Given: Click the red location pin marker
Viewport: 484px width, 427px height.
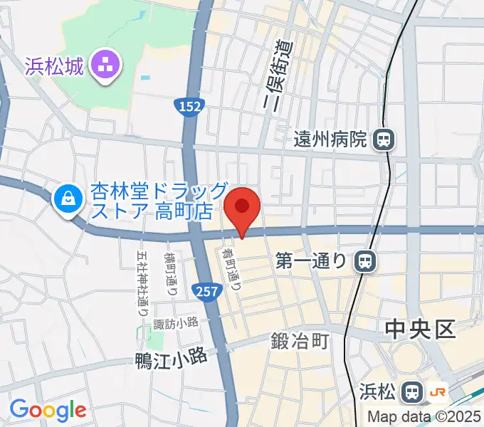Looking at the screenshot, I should click(x=242, y=208).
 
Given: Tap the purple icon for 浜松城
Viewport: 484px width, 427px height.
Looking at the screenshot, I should click(x=109, y=68).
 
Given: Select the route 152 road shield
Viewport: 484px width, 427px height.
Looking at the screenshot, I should click(x=189, y=106).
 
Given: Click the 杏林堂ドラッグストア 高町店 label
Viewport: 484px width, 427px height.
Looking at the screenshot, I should click(x=158, y=201).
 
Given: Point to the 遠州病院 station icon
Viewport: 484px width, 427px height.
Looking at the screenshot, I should click(x=383, y=139).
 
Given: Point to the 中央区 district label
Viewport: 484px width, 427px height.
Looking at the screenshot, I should click(x=419, y=330).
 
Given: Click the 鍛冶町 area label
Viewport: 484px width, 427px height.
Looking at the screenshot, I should click(x=300, y=342).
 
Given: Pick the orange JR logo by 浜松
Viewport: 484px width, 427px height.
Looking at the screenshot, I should click(x=438, y=391).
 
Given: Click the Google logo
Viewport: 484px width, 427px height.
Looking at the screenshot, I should click(x=48, y=410).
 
